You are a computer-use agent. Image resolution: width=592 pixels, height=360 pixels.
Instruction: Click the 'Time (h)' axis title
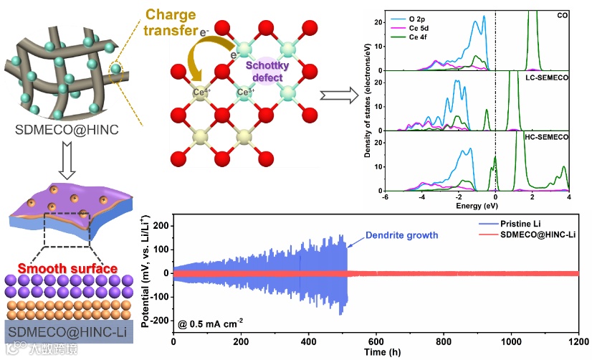pos(376,352)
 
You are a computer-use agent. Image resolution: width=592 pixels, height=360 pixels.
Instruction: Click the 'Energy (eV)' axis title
pos(476,207)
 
